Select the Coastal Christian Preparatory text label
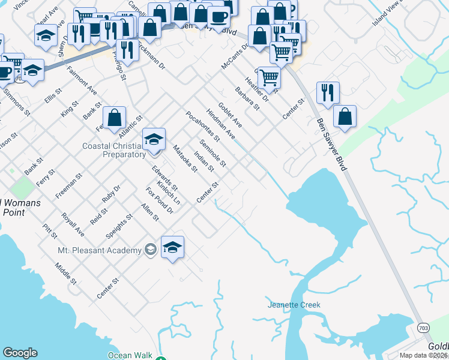114,150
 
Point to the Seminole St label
213,153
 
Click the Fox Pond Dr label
159,200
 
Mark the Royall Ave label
72,224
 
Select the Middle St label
65,273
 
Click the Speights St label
119,226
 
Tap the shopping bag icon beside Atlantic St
114,118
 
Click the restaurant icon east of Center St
328,92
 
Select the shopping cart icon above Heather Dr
270,77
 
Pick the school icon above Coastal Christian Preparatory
154,140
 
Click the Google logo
20,353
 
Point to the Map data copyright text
423,355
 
